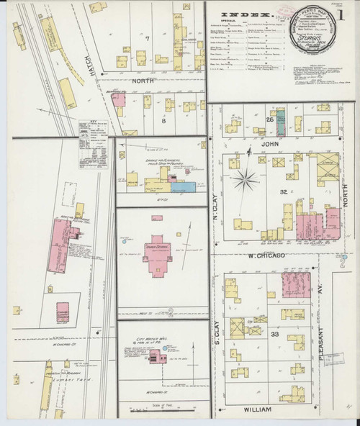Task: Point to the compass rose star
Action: click(x=246, y=179)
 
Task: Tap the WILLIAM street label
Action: click(x=256, y=409)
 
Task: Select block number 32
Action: click(x=283, y=191)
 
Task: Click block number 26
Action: click(x=270, y=119)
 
